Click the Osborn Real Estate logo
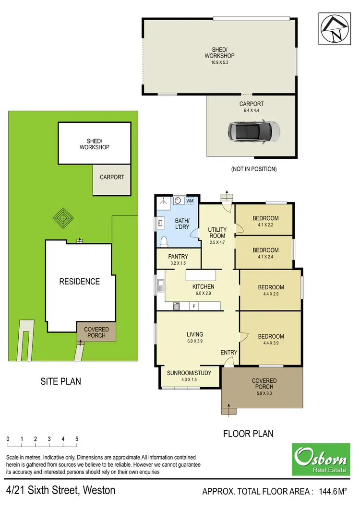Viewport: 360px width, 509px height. pyautogui.click(x=321, y=459)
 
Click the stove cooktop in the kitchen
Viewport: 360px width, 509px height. pyautogui.click(x=176, y=306)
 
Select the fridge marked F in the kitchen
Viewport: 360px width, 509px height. pyautogui.click(x=194, y=306)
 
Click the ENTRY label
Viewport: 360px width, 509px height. pyautogui.click(x=229, y=353)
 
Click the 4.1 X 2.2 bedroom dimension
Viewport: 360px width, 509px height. pyautogui.click(x=265, y=225)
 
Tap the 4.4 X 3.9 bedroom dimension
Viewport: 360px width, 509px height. pyautogui.click(x=271, y=343)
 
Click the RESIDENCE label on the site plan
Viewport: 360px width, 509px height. pyautogui.click(x=80, y=282)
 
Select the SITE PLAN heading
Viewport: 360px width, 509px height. pyautogui.click(x=60, y=381)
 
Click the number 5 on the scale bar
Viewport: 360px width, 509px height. pyautogui.click(x=77, y=439)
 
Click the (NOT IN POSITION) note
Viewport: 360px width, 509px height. pyautogui.click(x=254, y=169)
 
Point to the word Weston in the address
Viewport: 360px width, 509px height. pyautogui.click(x=99, y=490)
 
